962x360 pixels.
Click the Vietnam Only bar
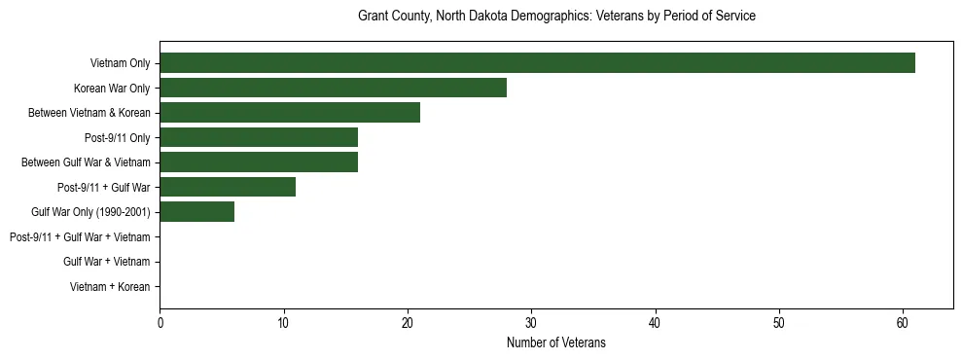(537, 63)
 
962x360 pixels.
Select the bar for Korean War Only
(333, 88)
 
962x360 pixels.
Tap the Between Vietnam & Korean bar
(290, 113)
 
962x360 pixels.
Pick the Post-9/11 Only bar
(259, 137)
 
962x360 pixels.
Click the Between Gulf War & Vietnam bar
(259, 162)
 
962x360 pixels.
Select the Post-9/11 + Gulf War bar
(228, 187)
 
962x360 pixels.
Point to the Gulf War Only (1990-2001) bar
(196, 212)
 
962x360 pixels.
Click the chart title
(556, 17)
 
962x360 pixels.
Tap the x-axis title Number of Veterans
(556, 342)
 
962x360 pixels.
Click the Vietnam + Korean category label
(110, 287)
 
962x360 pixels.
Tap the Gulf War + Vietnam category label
(106, 262)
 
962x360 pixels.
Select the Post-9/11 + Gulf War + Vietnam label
(80, 237)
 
